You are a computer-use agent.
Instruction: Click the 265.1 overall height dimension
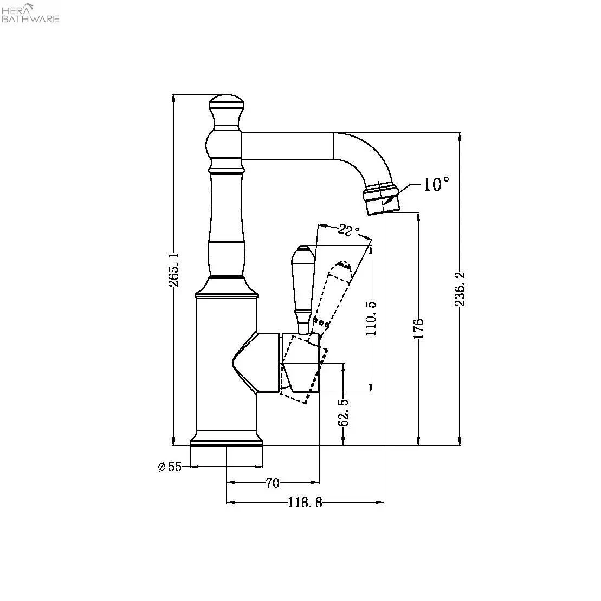click(173, 269)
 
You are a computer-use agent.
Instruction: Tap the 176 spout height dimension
click(418, 329)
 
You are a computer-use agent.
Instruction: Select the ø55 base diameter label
click(170, 467)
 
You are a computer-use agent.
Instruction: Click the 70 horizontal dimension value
click(273, 482)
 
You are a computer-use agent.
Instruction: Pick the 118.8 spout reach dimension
click(305, 503)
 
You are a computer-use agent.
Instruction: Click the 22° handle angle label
click(348, 230)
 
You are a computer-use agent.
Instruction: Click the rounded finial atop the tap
click(226, 103)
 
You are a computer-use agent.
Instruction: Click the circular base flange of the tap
click(227, 440)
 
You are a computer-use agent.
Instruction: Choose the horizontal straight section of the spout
click(287, 146)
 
